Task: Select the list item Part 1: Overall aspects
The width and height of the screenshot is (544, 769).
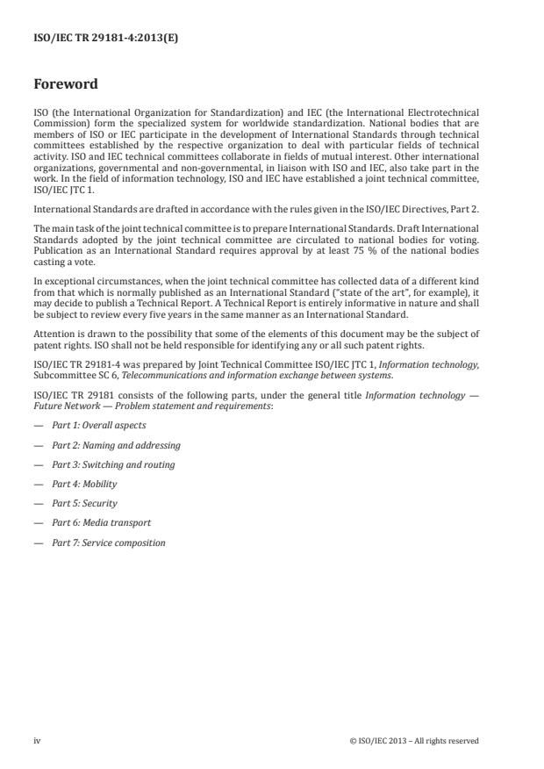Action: (98, 426)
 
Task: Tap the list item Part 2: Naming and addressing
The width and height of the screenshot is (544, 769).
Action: (116, 445)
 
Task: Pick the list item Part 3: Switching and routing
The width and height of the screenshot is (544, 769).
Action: (113, 464)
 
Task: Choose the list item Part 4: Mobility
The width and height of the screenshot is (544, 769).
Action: (84, 484)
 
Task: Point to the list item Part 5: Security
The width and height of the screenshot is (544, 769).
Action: (84, 503)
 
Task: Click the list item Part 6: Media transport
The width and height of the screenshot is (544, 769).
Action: (101, 522)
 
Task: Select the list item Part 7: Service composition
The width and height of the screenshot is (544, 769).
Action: (108, 543)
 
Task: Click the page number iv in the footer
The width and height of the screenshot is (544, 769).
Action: (37, 741)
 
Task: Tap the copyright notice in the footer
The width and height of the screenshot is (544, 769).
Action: (413, 741)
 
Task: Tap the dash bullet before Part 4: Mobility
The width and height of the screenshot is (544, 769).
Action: (38, 484)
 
